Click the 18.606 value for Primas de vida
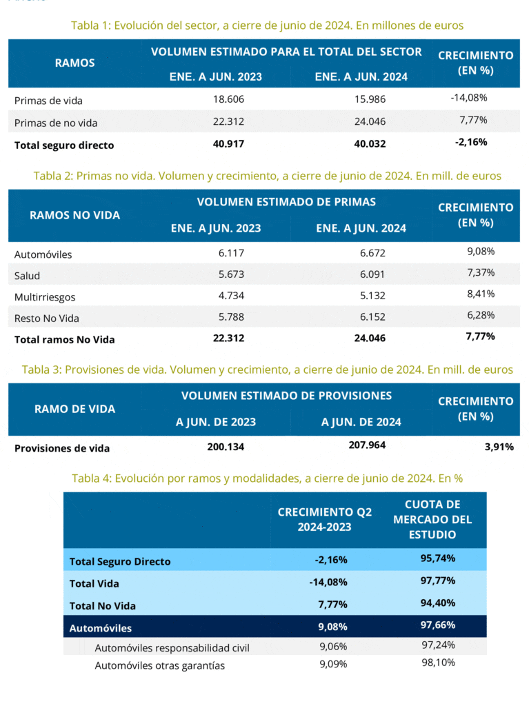[x=228, y=99]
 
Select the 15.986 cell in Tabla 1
[x=370, y=99]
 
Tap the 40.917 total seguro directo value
[x=228, y=143]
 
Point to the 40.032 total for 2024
[x=370, y=143]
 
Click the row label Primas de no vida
[x=56, y=123]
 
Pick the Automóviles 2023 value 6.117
[x=231, y=253]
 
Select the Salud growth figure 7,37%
[x=481, y=272]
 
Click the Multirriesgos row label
[x=45, y=297]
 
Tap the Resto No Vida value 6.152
[x=372, y=317]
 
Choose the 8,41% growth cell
[x=481, y=294]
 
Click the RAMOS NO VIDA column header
[x=74, y=215]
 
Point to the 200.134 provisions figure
[x=226, y=447]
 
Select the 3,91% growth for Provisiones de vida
[x=499, y=447]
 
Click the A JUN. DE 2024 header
[x=361, y=422]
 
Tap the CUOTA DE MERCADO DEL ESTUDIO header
[x=432, y=520]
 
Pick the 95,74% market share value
[x=438, y=558]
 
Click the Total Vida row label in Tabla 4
[x=94, y=583]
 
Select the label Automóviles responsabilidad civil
[x=172, y=648]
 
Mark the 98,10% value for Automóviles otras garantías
[x=439, y=663]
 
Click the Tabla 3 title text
[x=267, y=370]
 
